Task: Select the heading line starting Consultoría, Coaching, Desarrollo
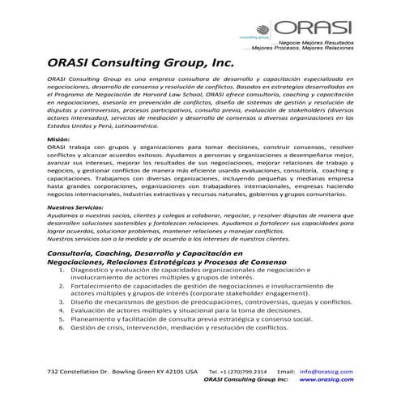point(146,255)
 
